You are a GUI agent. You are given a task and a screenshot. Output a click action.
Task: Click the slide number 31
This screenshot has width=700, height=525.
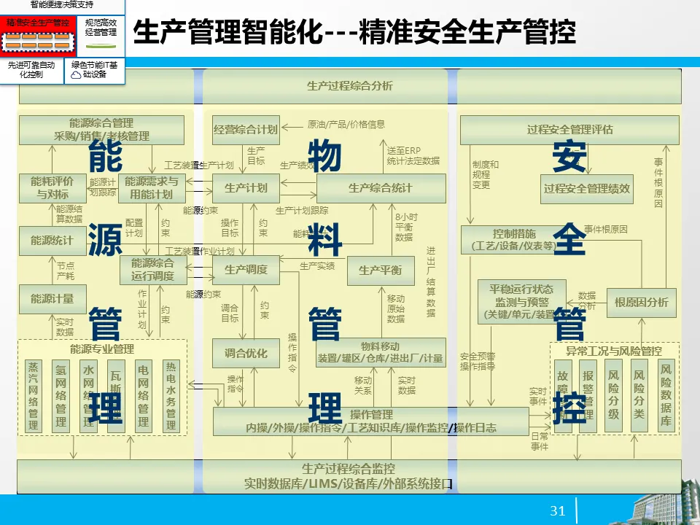pyautogui.click(x=558, y=511)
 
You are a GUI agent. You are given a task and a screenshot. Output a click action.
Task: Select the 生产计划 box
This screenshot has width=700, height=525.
pyautogui.click(x=246, y=188)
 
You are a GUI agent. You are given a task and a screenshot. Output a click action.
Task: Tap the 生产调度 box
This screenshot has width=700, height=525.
pyautogui.click(x=246, y=270)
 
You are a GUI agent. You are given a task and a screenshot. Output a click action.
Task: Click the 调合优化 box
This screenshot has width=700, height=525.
pyautogui.click(x=246, y=354)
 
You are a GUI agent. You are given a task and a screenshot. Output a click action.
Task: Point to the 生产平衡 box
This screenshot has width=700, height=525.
pyautogui.click(x=380, y=271)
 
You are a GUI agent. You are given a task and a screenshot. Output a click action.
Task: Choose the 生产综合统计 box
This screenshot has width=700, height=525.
pyautogui.click(x=380, y=188)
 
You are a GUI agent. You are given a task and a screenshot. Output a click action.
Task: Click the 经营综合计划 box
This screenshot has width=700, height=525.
pyautogui.click(x=246, y=130)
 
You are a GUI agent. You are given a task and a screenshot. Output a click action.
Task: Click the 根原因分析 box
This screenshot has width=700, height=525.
pyautogui.click(x=641, y=303)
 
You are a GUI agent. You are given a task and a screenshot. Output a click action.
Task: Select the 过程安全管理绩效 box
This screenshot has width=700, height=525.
pyautogui.click(x=587, y=189)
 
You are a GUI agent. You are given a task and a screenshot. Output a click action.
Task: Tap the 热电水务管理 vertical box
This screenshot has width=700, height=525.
pyautogui.click(x=171, y=395)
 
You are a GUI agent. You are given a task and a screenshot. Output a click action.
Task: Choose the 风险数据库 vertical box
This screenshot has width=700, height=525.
pyautogui.click(x=666, y=394)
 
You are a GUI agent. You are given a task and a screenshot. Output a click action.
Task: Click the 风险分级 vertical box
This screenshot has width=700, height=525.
pyautogui.click(x=613, y=394)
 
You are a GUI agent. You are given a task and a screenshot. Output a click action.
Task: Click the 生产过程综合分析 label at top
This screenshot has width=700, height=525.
pyautogui.click(x=349, y=86)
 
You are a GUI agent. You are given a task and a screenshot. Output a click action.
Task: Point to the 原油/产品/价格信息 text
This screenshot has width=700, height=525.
pyautogui.click(x=346, y=125)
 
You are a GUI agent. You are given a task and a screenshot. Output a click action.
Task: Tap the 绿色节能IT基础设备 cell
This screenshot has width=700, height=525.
pyautogui.click(x=95, y=69)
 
